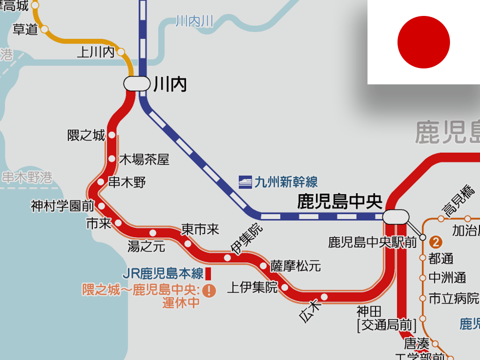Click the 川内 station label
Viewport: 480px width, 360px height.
pos(170,85)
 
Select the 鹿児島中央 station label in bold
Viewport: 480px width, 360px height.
pos(340,202)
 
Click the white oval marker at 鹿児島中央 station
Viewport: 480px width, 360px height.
pos(396,217)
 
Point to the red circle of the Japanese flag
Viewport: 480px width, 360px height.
pos(424,42)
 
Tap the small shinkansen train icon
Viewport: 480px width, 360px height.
pos(245,182)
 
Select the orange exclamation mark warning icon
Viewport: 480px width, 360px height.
pos(209,291)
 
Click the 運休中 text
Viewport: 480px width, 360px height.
pos(181,303)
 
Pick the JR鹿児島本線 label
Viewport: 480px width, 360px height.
pos(163,273)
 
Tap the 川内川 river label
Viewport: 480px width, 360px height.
pos(195,21)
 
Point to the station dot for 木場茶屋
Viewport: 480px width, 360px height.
pos(112,158)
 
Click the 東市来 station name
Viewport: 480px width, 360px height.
pos(200,229)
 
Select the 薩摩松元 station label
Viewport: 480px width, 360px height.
pos(296,266)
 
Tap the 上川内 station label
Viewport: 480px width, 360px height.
pos(96,52)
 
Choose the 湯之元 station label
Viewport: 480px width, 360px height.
pos(146,246)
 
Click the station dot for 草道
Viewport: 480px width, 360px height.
pos(45,29)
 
